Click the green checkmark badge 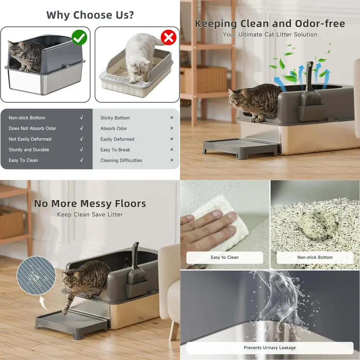point(80,37)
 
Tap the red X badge point(168,37)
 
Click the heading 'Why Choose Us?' point(90,15)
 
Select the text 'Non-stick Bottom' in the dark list point(27,118)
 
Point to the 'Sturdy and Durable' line point(29,150)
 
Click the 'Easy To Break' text point(115,150)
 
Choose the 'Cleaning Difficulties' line point(121,161)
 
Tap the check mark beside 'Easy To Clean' point(81,160)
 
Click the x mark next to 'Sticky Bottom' point(172,118)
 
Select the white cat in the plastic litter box point(138,57)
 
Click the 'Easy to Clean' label point(225,257)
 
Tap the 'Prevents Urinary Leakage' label point(270,348)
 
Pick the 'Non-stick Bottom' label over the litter point(315,257)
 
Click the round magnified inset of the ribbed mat point(36,275)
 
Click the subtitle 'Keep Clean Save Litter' point(90,215)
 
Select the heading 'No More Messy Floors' point(90,204)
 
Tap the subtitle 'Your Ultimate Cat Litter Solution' point(270,35)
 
